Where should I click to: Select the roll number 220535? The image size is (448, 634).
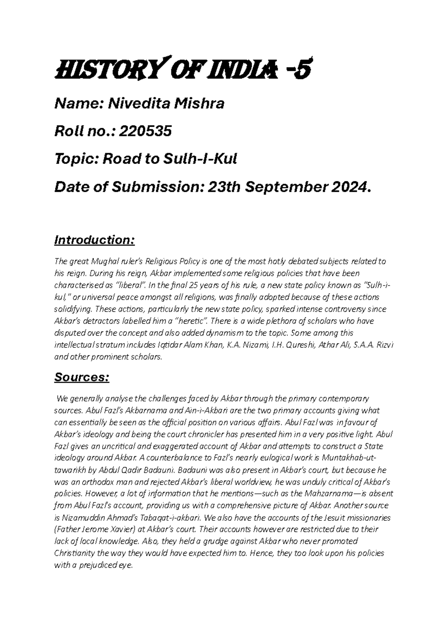pyautogui.click(x=145, y=131)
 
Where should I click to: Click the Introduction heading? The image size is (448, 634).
pyautogui.click(x=94, y=240)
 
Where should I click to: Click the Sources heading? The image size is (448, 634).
pyautogui.click(x=82, y=378)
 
